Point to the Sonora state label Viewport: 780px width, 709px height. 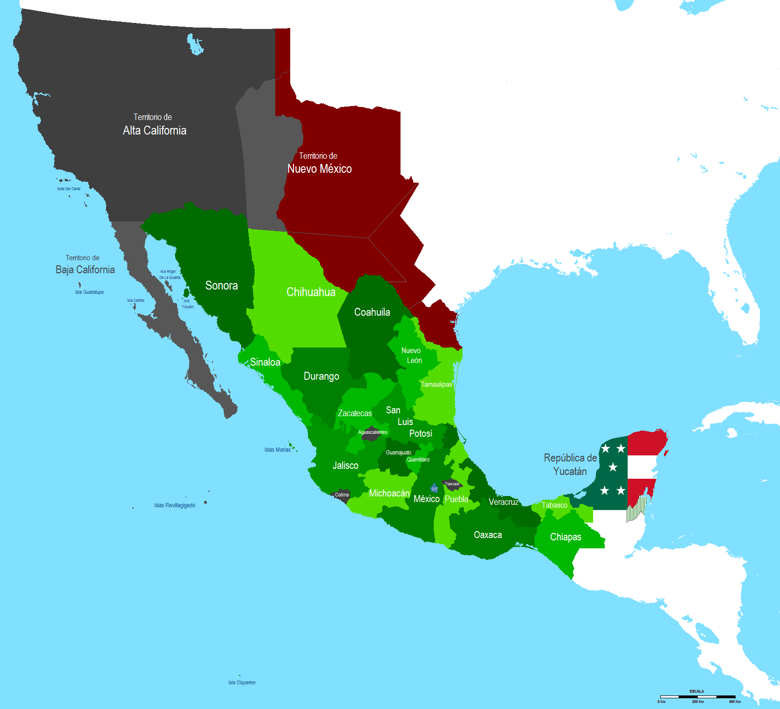pyautogui.click(x=222, y=285)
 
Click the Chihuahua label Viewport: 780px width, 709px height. pyautogui.click(x=311, y=292)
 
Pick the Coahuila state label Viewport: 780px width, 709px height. pyautogui.click(x=372, y=312)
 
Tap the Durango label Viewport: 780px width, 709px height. pyautogui.click(x=322, y=376)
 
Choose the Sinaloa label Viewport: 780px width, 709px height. pyautogui.click(x=265, y=362)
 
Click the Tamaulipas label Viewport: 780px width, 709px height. pyautogui.click(x=437, y=384)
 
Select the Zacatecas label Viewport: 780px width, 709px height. pyautogui.click(x=355, y=413)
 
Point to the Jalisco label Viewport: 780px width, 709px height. pyautogui.click(x=345, y=465)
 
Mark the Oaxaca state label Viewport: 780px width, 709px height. pyautogui.click(x=488, y=535)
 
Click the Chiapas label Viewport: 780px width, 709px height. pyautogui.click(x=565, y=537)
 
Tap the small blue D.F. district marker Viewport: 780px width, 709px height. pyautogui.click(x=434, y=489)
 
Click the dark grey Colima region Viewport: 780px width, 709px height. pyautogui.click(x=342, y=495)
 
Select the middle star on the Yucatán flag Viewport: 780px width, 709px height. pyautogui.click(x=613, y=467)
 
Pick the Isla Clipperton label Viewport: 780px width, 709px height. pyautogui.click(x=242, y=682)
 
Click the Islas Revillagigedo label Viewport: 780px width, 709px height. pyautogui.click(x=175, y=505)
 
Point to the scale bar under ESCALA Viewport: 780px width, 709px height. pyautogui.click(x=697, y=696)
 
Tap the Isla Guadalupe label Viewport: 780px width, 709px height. pyautogui.click(x=89, y=292)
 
